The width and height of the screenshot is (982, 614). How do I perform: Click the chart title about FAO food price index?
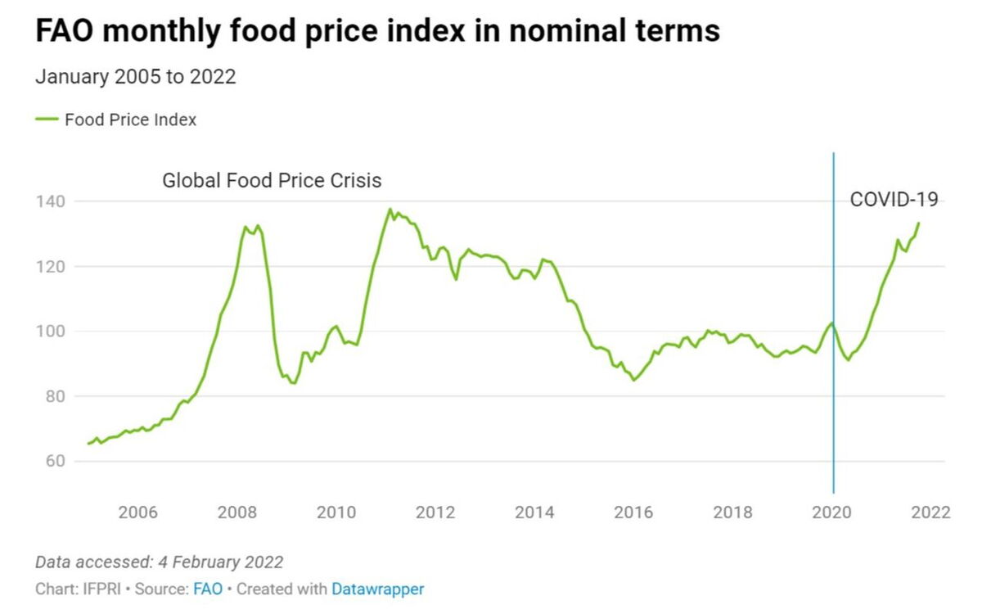pyautogui.click(x=377, y=31)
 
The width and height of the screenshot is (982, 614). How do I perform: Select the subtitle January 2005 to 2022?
pyautogui.click(x=135, y=77)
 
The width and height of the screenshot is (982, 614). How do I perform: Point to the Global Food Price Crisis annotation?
pyautogui.click(x=272, y=180)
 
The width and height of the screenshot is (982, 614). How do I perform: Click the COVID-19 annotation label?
pyautogui.click(x=894, y=199)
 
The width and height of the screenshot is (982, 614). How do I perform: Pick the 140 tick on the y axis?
pyautogui.click(x=51, y=201)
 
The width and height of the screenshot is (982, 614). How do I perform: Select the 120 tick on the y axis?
pyautogui.click(x=51, y=266)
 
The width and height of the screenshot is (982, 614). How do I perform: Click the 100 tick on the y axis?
pyautogui.click(x=51, y=332)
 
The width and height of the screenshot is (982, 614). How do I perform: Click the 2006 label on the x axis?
pyautogui.click(x=137, y=512)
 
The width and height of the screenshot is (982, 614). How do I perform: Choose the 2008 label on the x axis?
pyautogui.click(x=236, y=512)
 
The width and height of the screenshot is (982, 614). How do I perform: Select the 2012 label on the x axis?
pyautogui.click(x=435, y=512)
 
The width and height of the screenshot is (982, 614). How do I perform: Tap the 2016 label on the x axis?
pyautogui.click(x=633, y=512)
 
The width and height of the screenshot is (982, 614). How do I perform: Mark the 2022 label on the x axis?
pyautogui.click(x=930, y=512)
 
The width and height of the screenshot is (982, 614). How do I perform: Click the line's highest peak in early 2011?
pyautogui.click(x=390, y=210)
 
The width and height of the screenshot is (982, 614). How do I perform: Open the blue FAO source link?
pyautogui.click(x=208, y=589)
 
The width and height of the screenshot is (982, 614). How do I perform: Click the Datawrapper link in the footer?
pyautogui.click(x=377, y=589)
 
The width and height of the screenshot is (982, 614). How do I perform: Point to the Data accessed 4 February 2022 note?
pyautogui.click(x=159, y=562)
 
